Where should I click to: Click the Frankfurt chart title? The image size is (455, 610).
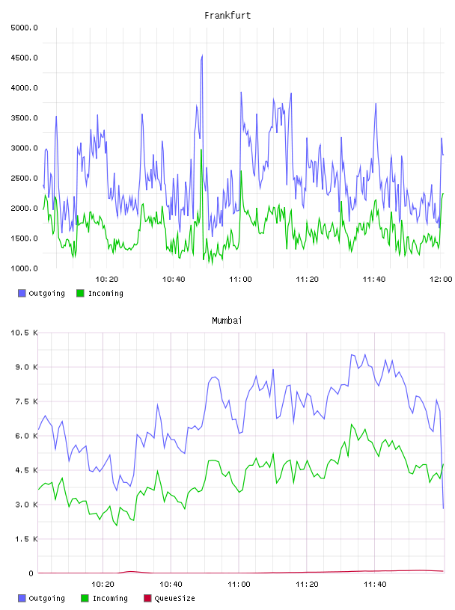pos(227,16)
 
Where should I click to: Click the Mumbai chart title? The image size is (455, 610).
pos(227,321)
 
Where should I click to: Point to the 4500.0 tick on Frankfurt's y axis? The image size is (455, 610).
pos(24,58)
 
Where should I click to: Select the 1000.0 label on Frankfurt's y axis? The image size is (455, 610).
pos(24,268)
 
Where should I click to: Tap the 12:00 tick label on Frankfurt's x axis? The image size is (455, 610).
pos(441,280)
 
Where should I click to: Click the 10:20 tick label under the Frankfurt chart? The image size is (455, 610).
pos(107,280)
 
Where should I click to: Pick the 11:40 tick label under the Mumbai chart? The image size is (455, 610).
pos(375,585)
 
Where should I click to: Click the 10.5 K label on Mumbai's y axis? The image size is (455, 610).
pos(24,333)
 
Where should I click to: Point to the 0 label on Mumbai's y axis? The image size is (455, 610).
pos(31,573)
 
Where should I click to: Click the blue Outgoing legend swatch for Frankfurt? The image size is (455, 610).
pos(22,293)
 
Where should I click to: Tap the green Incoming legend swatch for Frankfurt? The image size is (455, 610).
pos(80,293)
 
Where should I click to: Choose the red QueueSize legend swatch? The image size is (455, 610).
pos(147,598)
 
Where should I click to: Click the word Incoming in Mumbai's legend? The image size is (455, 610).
pos(110,598)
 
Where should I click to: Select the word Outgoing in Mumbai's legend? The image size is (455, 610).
pos(46,598)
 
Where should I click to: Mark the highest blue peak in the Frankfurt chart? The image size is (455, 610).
pos(202,55)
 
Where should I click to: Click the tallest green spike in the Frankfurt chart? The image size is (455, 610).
pos(201,150)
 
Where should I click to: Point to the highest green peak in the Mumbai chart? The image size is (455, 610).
pos(352,425)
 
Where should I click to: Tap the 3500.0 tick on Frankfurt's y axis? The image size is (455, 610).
pos(24,118)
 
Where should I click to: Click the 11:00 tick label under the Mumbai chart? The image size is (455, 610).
pos(239,585)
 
